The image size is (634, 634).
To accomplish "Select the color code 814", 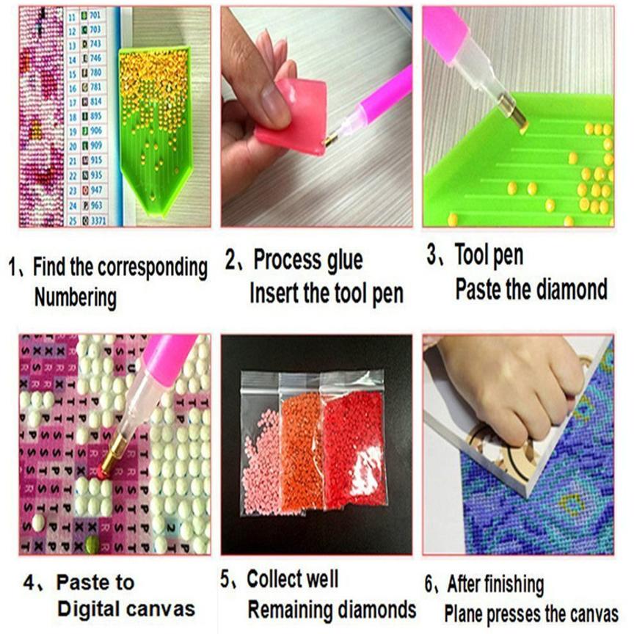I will point(96,101).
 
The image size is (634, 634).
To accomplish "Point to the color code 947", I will point(96,189).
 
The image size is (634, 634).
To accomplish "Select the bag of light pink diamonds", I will point(262,455).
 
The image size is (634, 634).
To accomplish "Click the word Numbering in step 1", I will point(76,297).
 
